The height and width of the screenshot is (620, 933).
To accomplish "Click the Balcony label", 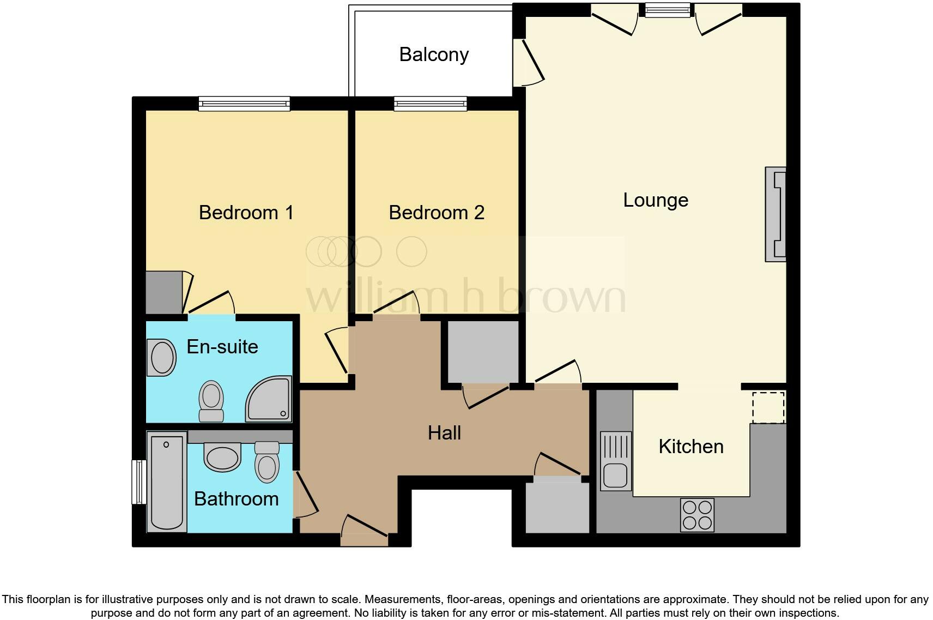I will (x=434, y=55).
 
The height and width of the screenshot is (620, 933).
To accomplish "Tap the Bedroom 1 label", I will (x=246, y=212).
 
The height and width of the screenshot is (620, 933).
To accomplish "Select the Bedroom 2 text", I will (x=437, y=212).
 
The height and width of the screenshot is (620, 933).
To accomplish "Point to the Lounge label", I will (x=656, y=200).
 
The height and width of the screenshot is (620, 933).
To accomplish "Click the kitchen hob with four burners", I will (x=697, y=515).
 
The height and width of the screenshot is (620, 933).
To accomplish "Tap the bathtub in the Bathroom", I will (x=166, y=482).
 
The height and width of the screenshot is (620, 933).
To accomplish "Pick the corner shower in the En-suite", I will (x=269, y=399).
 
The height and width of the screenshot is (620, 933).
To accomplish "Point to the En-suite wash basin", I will (x=162, y=358).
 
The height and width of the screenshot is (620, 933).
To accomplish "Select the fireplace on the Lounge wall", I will (x=776, y=214).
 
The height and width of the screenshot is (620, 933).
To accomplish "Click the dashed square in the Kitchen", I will (x=768, y=407).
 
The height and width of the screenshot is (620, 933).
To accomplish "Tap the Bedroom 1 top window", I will (x=244, y=104).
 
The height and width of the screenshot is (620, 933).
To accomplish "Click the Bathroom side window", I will (x=139, y=481).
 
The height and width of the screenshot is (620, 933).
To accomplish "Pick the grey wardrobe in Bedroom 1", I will (x=164, y=292).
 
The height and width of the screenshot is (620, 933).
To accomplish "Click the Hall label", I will (x=444, y=433).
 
